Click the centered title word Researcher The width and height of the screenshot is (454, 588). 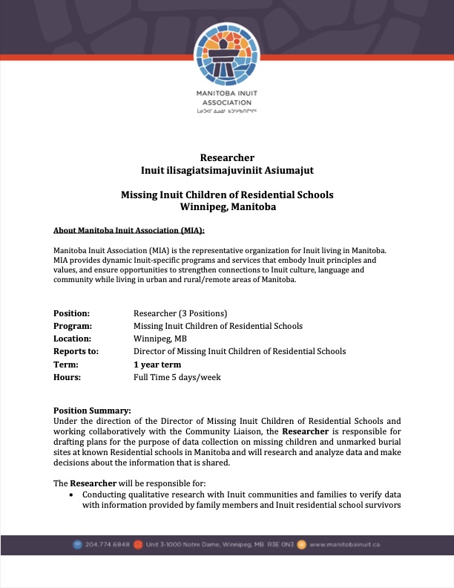[x=227, y=157]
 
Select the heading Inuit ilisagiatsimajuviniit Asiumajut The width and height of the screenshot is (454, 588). [x=227, y=170]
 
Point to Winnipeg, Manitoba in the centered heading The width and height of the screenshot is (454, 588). [x=227, y=207]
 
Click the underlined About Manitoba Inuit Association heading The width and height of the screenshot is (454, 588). [x=129, y=231]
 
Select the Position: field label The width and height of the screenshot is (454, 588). [x=72, y=313]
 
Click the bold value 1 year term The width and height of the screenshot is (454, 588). [x=157, y=365]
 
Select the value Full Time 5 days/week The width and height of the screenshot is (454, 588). [x=177, y=377]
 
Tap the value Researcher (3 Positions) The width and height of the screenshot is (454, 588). [x=180, y=313]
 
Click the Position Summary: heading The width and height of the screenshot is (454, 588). [x=92, y=411]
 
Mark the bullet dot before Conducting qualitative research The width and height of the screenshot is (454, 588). [x=70, y=494]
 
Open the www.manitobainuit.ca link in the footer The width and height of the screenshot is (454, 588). [x=345, y=544]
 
